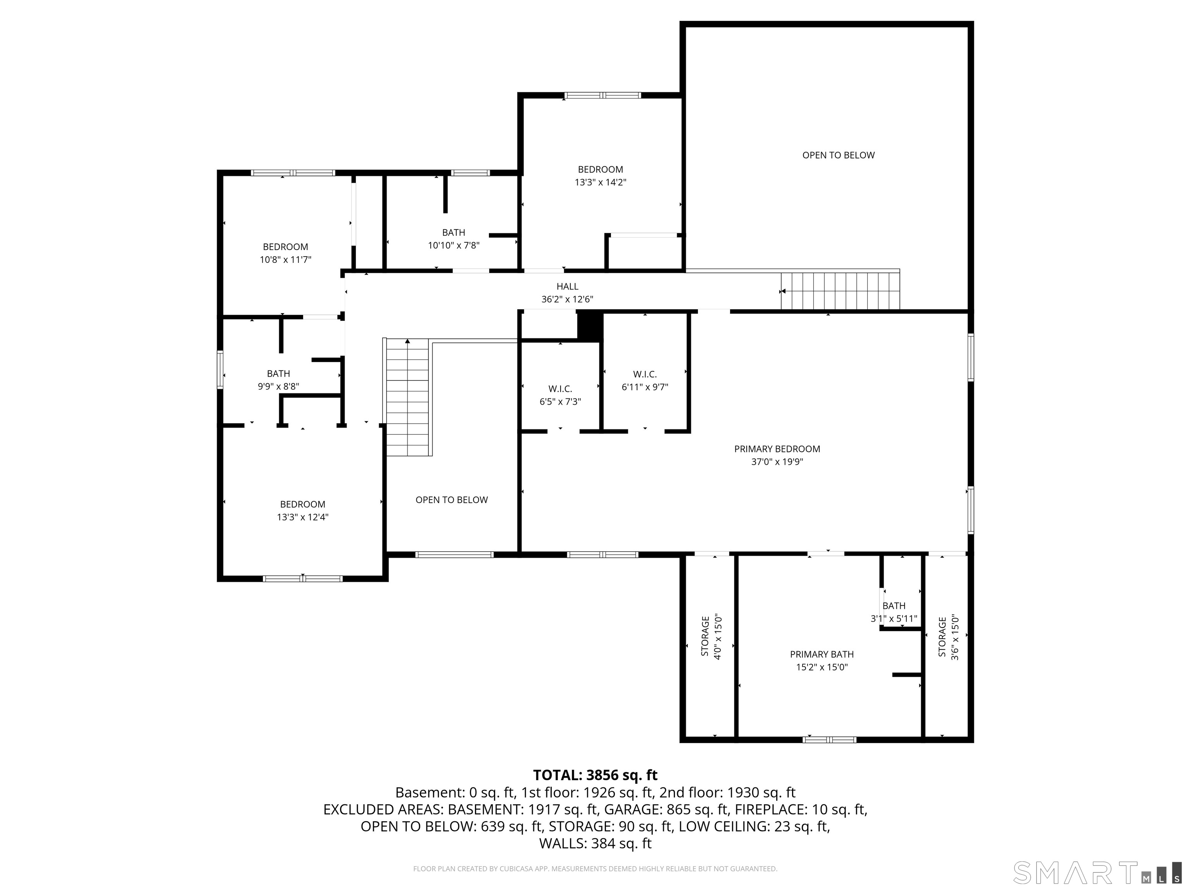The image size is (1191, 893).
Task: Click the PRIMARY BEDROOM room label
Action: (x=777, y=449)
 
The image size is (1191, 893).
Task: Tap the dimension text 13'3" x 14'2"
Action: (x=600, y=183)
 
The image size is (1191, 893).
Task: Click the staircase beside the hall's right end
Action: (x=840, y=291)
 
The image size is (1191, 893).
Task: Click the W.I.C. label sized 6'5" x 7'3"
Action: (x=560, y=389)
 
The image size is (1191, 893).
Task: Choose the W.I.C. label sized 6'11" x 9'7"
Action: (x=644, y=374)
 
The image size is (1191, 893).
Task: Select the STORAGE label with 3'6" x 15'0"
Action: (x=942, y=636)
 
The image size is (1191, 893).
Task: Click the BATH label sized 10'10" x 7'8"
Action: (x=453, y=233)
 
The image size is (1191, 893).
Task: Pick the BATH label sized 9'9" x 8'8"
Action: (x=278, y=374)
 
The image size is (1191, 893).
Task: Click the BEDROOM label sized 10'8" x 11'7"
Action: (x=285, y=247)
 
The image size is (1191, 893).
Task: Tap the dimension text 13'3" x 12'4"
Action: (x=302, y=517)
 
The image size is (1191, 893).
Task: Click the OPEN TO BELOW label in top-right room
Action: (x=838, y=155)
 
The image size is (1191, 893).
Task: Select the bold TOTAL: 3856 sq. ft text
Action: (x=595, y=775)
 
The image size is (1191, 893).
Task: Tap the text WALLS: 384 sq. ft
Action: (x=595, y=843)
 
